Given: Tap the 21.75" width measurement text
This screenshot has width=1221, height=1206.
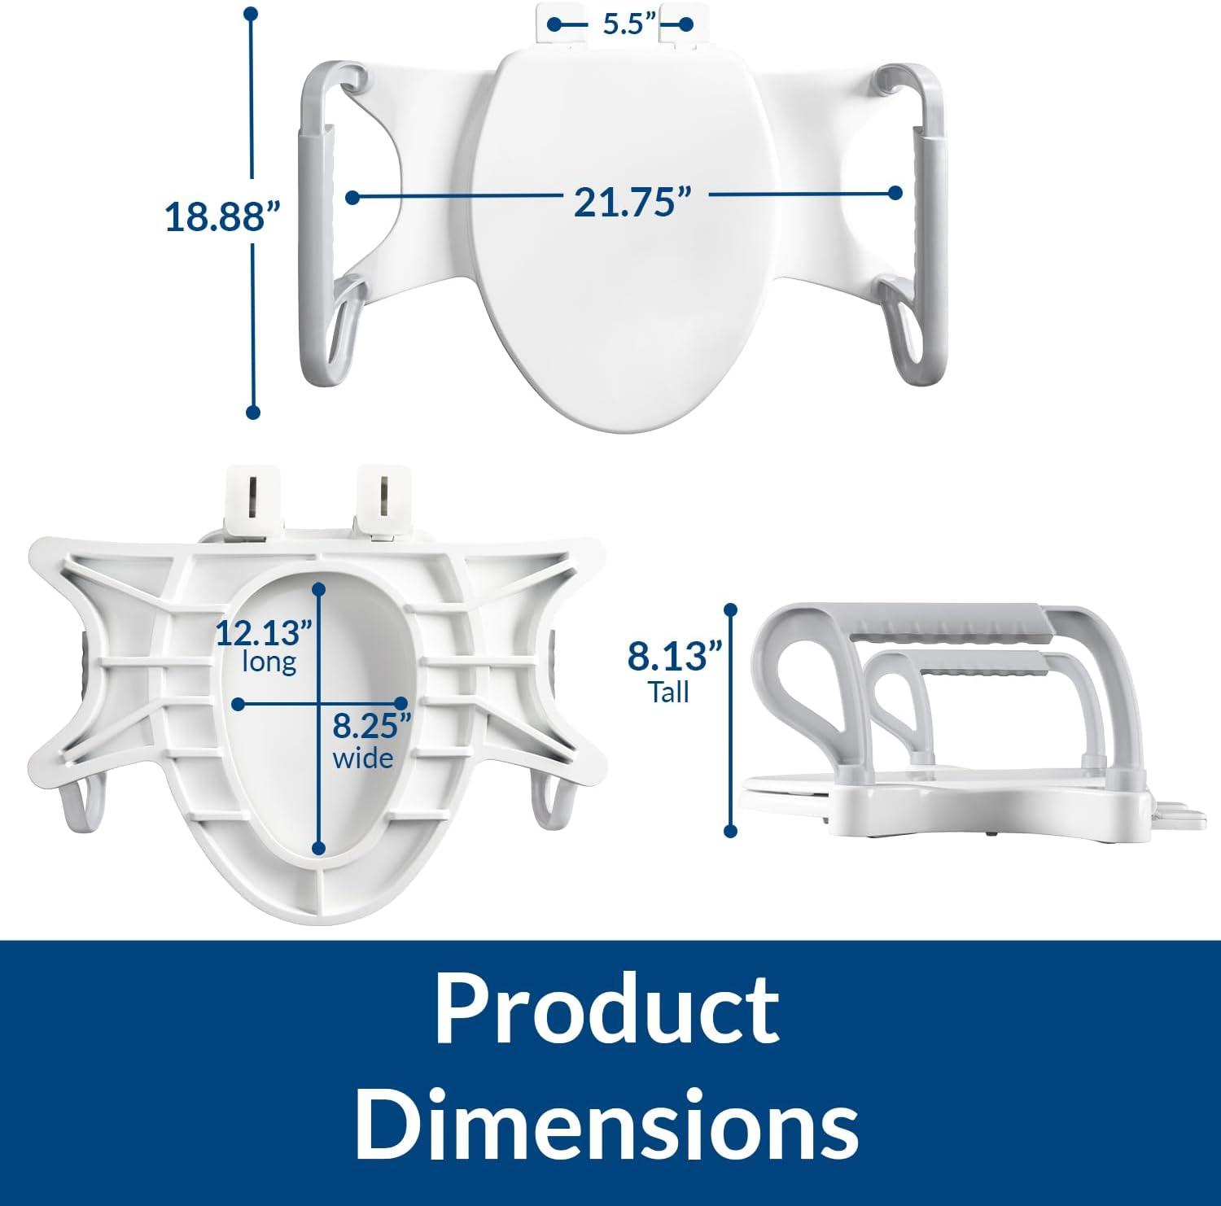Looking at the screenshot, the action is point(627,201).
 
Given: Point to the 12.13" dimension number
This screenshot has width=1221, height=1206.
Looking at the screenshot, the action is point(265,632).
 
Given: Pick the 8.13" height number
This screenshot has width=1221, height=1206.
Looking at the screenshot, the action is point(675,656).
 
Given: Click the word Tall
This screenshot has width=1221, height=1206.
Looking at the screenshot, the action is point(668,693).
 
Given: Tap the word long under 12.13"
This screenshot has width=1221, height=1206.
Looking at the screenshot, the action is point(269,662).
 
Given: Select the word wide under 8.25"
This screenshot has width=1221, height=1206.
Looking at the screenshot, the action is point(363,758).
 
